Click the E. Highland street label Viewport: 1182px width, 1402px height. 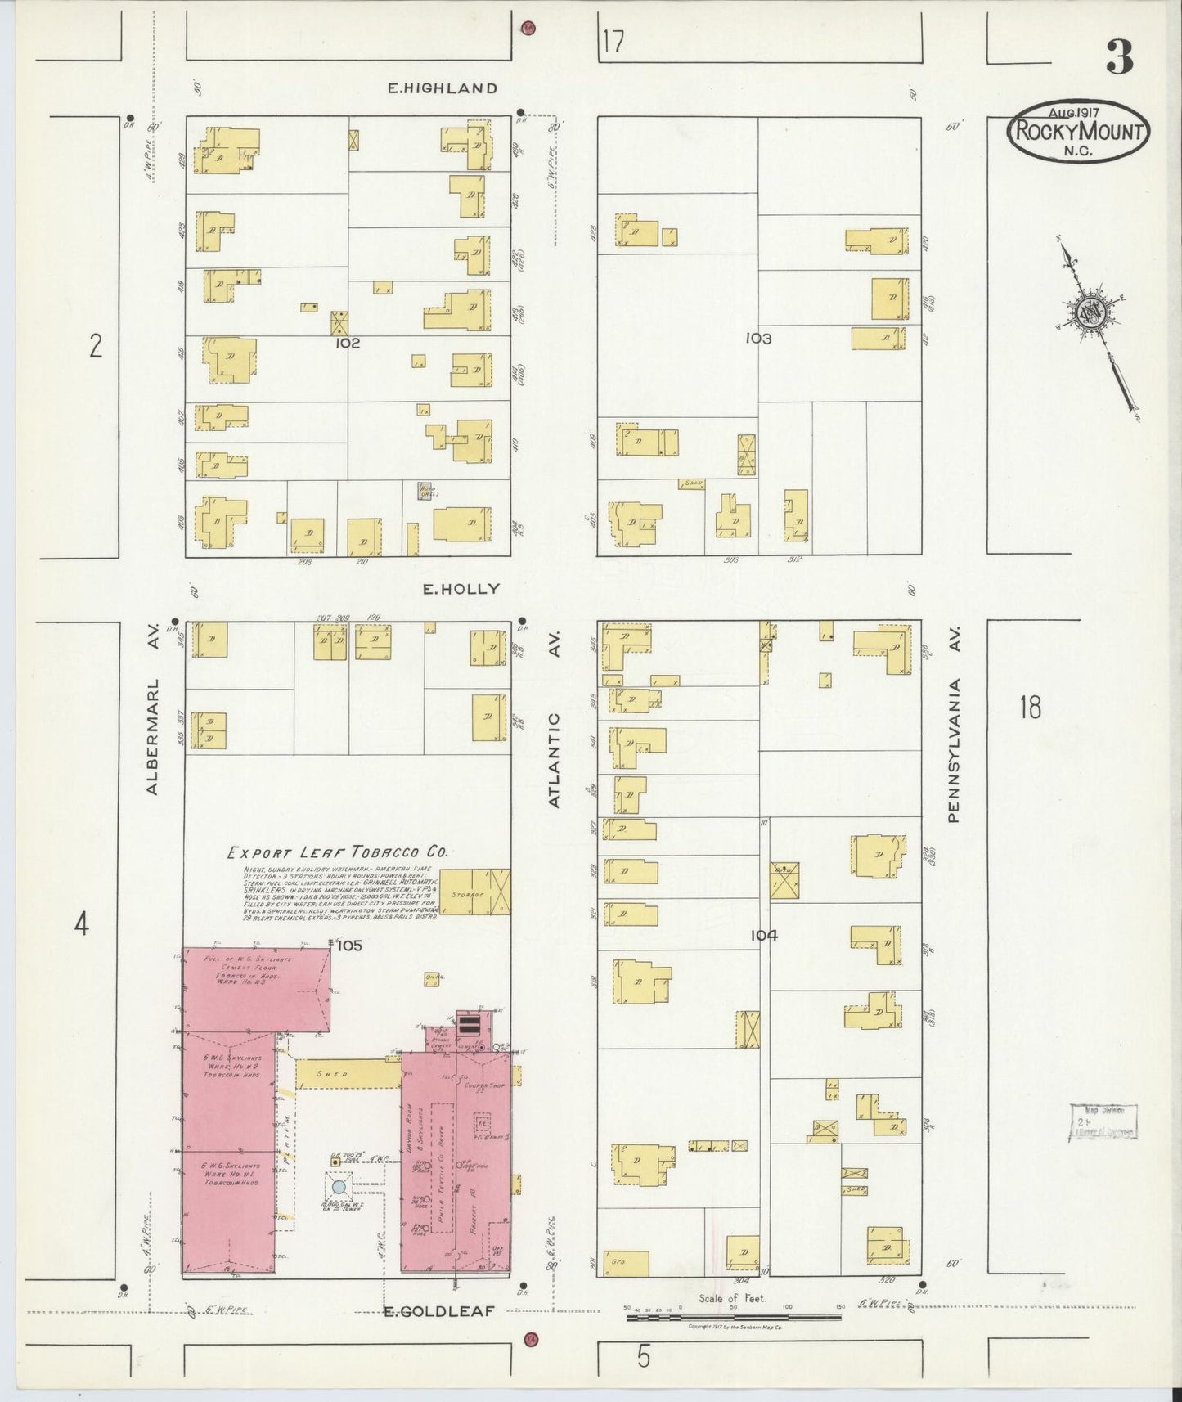[442, 88]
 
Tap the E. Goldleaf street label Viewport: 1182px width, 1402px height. [439, 1311]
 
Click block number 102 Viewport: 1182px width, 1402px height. [348, 344]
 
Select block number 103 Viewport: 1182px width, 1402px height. [758, 338]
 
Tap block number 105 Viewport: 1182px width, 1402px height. [348, 946]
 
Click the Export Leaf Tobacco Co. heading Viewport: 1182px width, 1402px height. [336, 852]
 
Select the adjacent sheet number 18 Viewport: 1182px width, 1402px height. [1030, 707]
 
